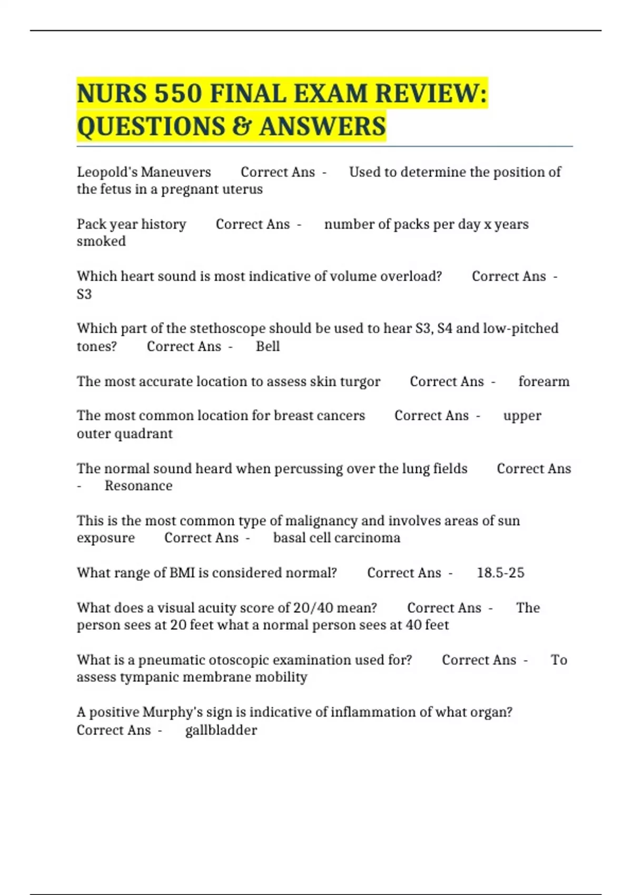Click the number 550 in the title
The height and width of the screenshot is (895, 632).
(x=178, y=94)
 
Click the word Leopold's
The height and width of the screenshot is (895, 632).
(x=107, y=172)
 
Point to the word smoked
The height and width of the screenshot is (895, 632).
(x=101, y=242)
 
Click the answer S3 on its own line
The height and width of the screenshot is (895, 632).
(x=84, y=294)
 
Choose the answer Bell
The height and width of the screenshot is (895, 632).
(x=268, y=346)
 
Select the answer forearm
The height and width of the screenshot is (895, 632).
(x=544, y=382)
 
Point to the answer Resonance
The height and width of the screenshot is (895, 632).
(x=139, y=486)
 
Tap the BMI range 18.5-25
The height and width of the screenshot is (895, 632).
(x=500, y=573)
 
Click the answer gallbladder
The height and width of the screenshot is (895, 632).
(x=221, y=730)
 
